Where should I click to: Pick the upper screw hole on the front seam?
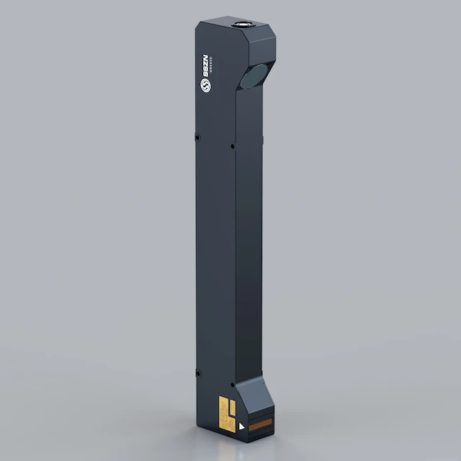232,146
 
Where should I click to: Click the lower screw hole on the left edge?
197,372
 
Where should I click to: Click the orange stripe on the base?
260,421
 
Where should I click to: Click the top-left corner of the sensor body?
196,26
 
